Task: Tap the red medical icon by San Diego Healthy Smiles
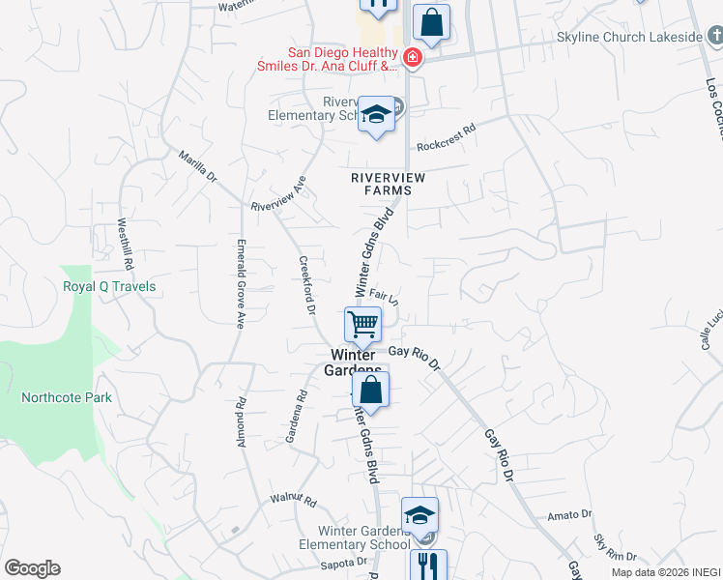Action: point(413,58)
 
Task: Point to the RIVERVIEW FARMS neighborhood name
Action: point(381,184)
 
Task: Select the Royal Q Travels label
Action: point(109,287)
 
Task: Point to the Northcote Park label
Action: point(67,397)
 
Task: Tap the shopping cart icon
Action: point(362,323)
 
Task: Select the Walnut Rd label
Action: point(294,502)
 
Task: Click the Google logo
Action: point(32,568)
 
